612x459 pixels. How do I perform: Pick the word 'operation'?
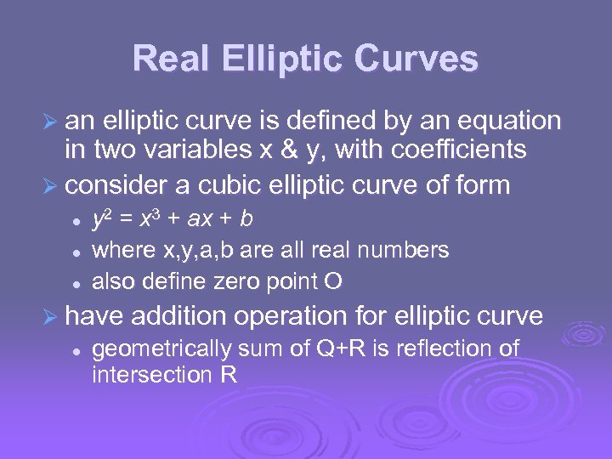point(293,317)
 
